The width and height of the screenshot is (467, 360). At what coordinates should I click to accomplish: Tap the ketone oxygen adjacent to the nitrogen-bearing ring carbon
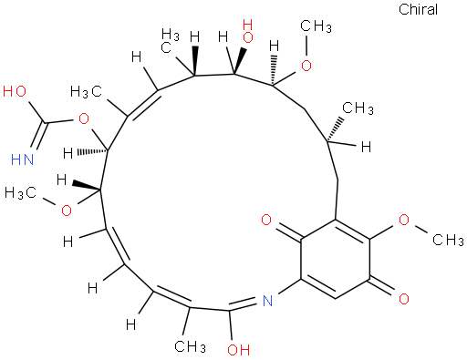point(267,220)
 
